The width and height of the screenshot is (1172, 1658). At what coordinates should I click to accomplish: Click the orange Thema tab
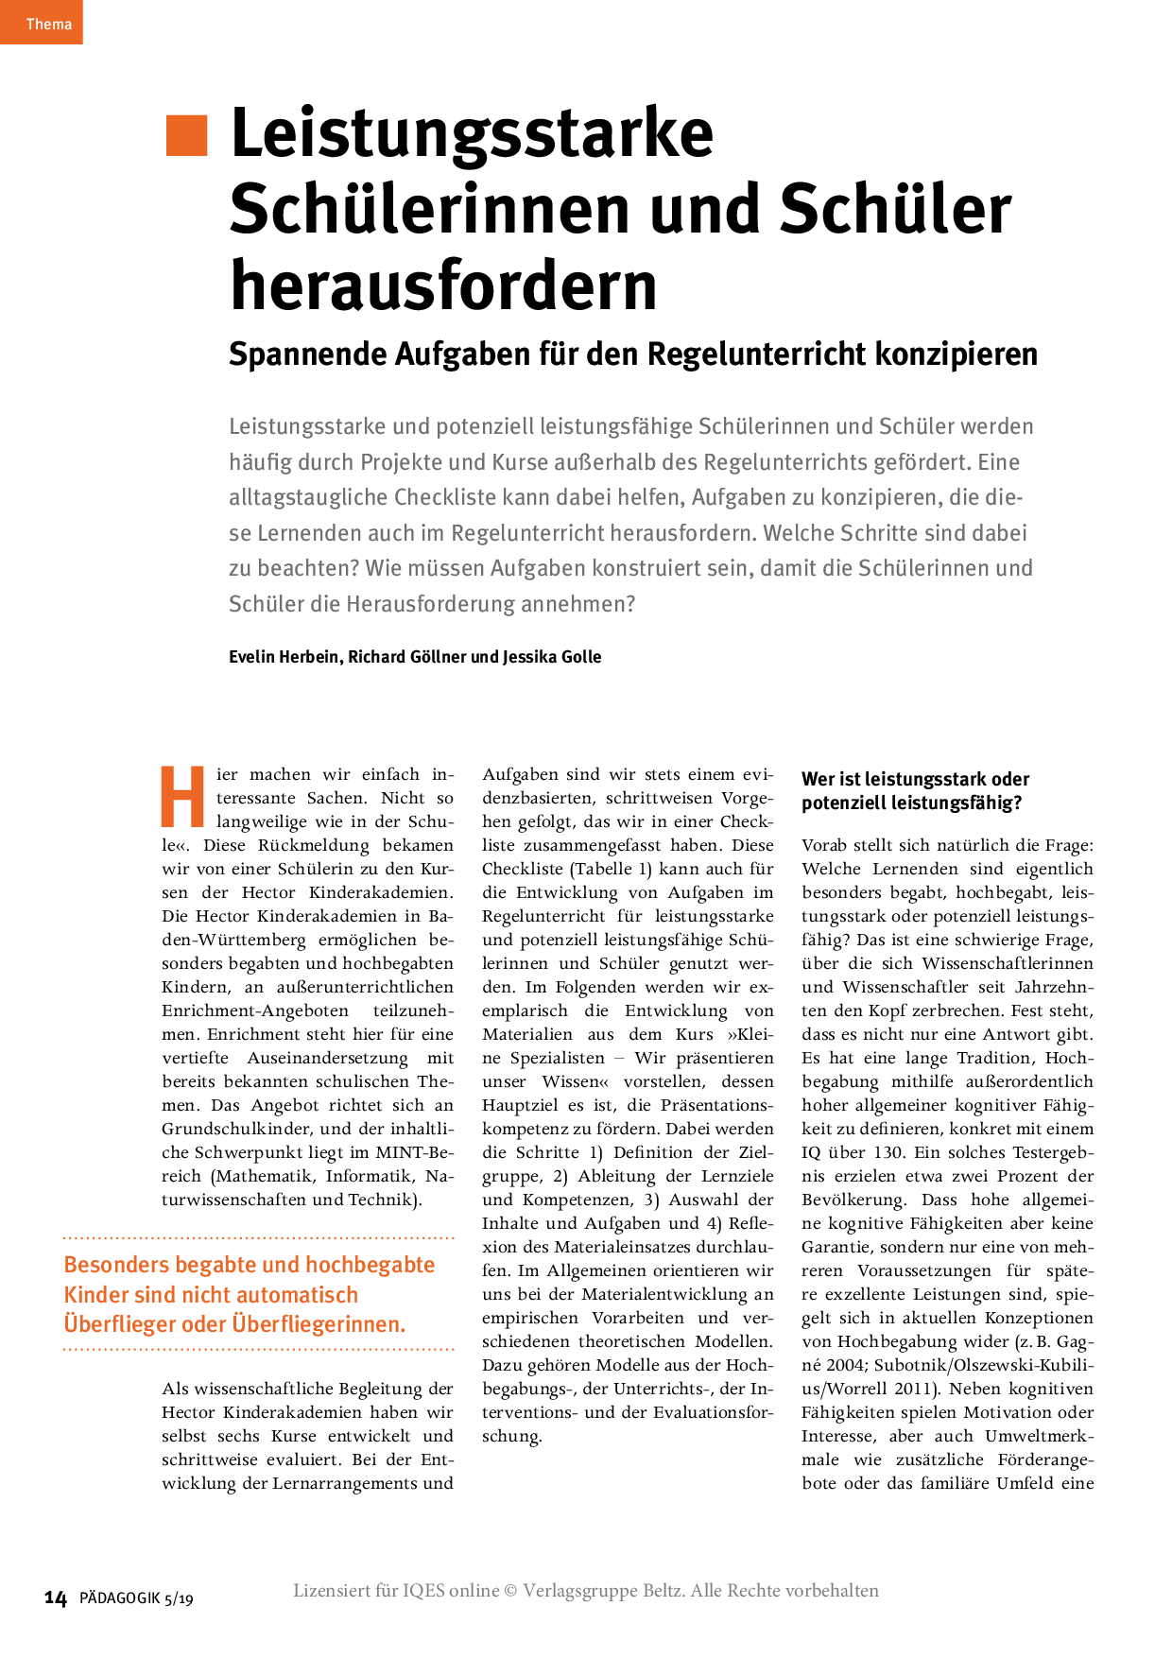click(43, 23)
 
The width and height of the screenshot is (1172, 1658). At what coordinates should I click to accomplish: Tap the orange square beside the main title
click(186, 135)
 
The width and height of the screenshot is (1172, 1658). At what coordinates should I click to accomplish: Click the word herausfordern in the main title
click(443, 285)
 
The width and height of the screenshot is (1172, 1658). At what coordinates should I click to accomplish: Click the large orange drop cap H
click(182, 797)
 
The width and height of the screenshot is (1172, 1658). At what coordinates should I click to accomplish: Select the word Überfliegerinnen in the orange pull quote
click(319, 1324)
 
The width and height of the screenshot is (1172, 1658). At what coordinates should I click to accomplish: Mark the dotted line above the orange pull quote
click(258, 1236)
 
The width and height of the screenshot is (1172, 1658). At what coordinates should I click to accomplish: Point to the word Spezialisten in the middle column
click(557, 1058)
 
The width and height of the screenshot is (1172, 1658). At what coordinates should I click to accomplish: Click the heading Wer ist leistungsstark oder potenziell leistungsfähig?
click(914, 791)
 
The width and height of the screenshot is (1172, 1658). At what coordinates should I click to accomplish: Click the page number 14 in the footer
click(56, 1598)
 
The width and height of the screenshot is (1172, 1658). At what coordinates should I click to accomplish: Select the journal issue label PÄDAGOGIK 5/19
click(136, 1598)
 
